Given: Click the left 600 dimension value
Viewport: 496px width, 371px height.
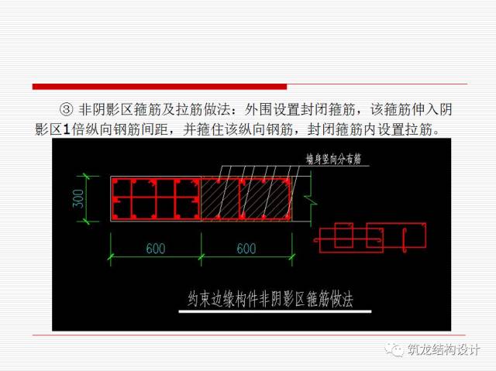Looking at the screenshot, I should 155,249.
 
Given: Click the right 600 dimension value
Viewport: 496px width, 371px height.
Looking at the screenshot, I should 246,249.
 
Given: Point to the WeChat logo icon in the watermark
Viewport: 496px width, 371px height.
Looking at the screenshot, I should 394,349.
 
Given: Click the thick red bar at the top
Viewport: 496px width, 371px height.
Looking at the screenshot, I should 159,86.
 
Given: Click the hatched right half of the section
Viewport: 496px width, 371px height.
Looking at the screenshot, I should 249,199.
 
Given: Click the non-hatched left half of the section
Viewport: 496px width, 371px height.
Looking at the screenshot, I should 155,199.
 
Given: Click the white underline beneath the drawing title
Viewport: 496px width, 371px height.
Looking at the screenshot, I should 275,312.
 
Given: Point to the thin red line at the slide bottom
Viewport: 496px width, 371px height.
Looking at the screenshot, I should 248,335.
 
